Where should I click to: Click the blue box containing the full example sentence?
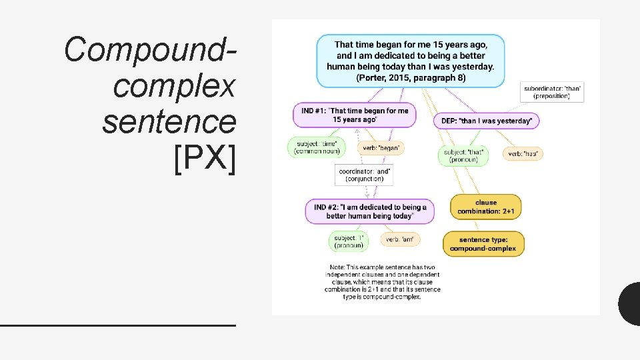click(x=410, y=61)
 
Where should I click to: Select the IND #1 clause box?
click(x=353, y=115)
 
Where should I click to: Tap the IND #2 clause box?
click(x=369, y=211)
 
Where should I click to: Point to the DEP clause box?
click(x=487, y=121)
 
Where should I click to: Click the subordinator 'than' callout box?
click(x=551, y=92)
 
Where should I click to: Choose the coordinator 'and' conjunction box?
click(x=365, y=175)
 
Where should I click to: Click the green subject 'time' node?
click(x=317, y=147)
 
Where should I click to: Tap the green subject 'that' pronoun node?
click(x=464, y=156)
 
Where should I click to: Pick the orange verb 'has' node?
click(x=522, y=154)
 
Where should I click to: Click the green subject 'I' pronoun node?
click(x=349, y=241)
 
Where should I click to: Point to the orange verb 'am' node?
click(x=400, y=239)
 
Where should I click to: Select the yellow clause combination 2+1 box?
click(x=486, y=207)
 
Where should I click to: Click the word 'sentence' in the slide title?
click(x=169, y=123)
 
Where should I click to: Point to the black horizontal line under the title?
click(x=118, y=325)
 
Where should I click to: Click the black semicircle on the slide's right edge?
click(x=631, y=304)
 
